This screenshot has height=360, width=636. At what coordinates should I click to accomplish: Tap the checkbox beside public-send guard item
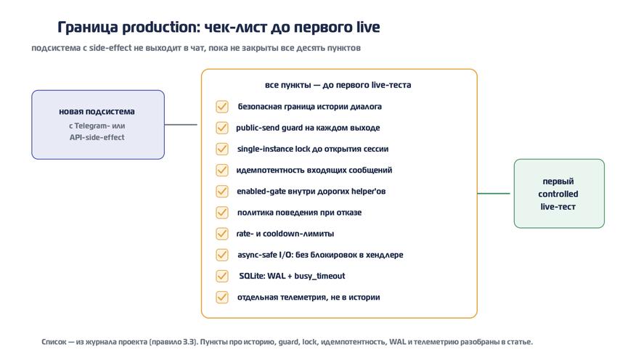[222, 128]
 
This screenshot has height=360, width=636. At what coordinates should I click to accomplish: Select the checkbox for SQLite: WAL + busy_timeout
[222, 276]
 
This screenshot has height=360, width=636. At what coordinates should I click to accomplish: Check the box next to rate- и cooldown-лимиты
[222, 234]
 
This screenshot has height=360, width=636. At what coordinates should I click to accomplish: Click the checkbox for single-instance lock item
[222, 149]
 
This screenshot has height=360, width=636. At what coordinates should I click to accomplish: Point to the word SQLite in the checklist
[251, 276]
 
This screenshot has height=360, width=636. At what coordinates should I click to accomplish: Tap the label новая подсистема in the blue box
[97, 112]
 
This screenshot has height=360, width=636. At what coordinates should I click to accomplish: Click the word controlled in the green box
[558, 194]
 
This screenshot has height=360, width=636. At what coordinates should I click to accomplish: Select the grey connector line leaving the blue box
[181, 124]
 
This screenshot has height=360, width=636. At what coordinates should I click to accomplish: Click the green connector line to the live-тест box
[494, 193]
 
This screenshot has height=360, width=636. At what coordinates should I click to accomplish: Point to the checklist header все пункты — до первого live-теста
[338, 85]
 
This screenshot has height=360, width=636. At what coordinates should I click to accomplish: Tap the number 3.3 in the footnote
[189, 342]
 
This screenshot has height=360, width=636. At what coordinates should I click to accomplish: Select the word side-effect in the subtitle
[110, 48]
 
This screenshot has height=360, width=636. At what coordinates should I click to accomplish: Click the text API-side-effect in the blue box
[97, 137]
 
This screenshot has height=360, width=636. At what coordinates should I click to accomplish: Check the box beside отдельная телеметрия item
[222, 297]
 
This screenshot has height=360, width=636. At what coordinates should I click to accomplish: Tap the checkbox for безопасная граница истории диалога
[222, 107]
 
